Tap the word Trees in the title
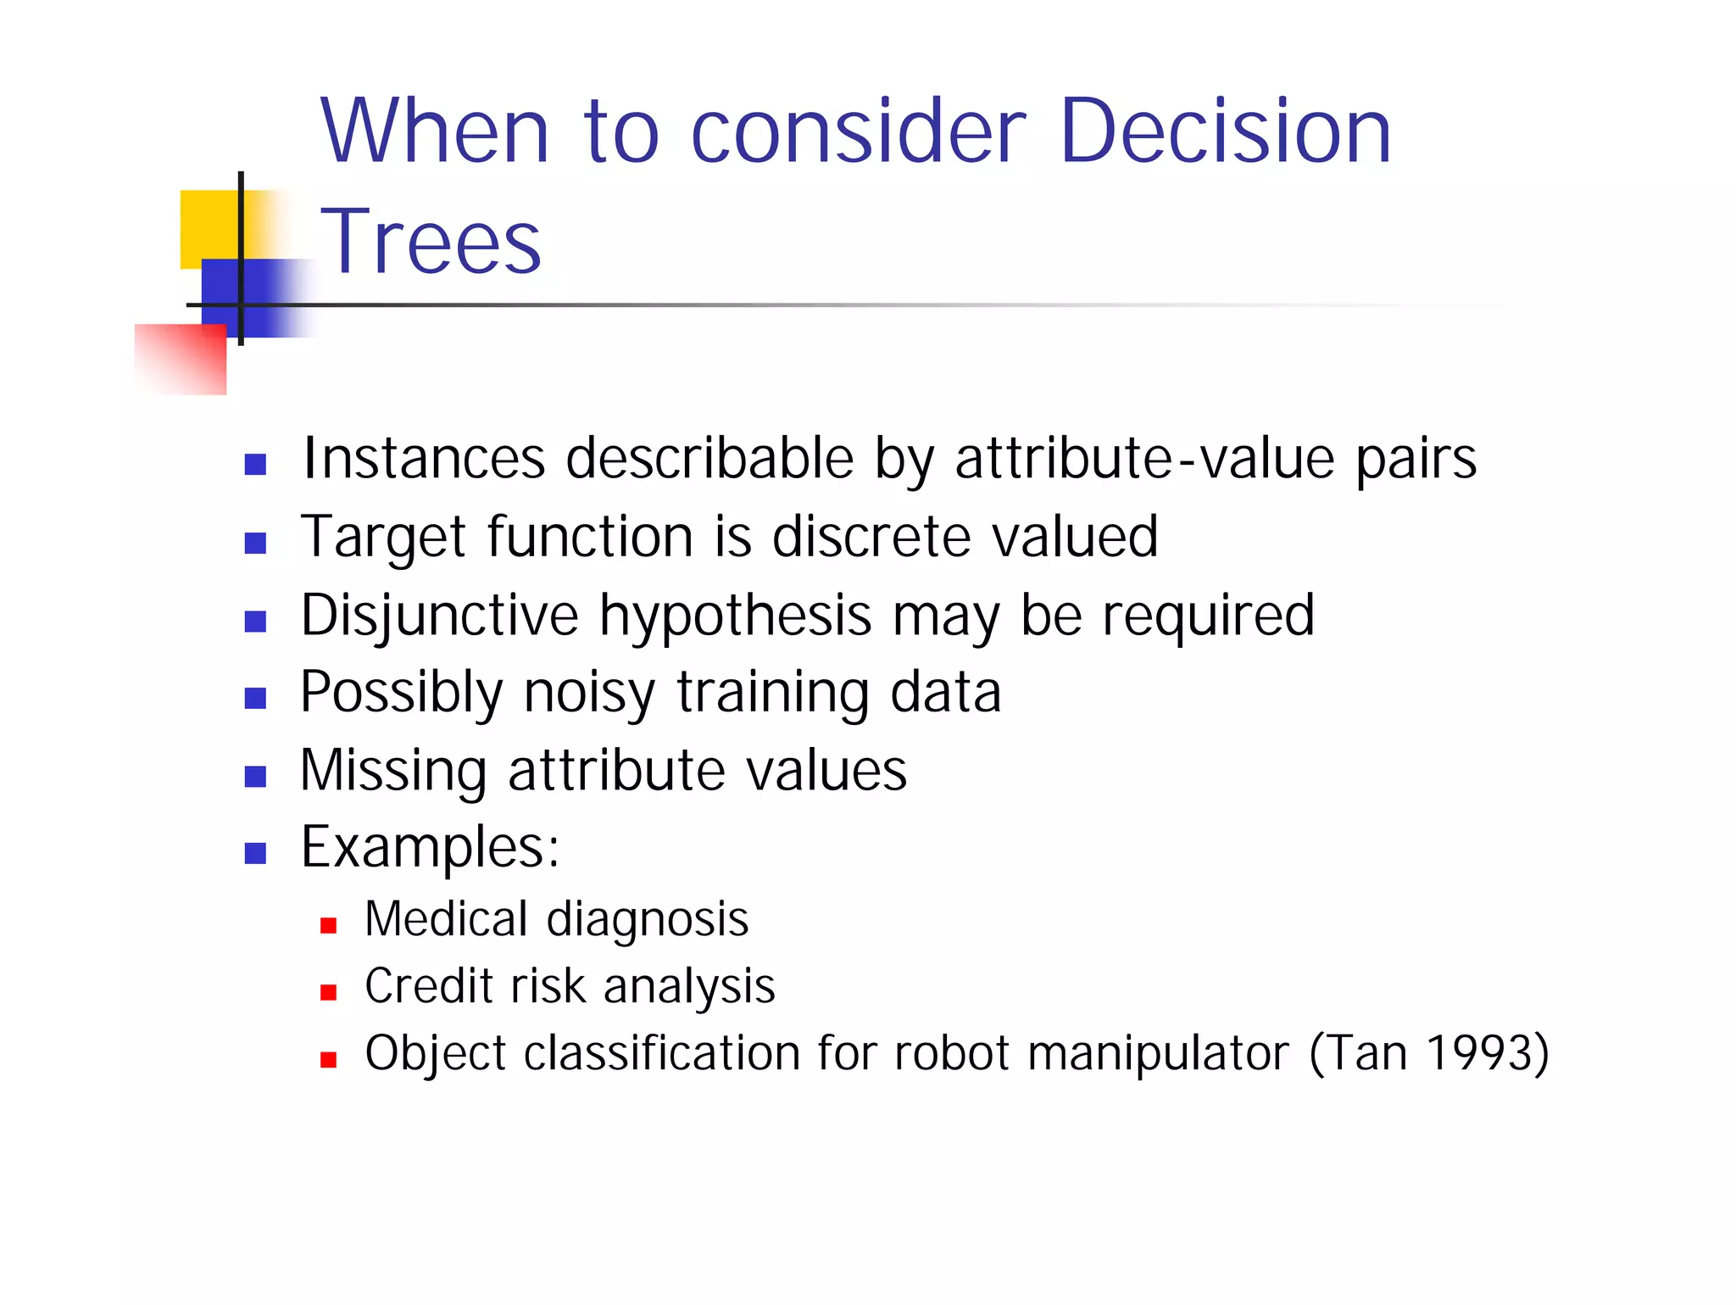click(431, 243)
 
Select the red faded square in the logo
click(181, 359)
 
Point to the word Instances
click(424, 459)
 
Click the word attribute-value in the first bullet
click(1145, 459)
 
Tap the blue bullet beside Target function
click(255, 543)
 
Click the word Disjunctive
click(439, 616)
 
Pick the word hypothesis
click(735, 617)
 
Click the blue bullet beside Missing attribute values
click(255, 776)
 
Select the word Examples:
click(430, 847)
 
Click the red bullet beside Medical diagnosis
click(329, 925)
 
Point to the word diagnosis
click(648, 920)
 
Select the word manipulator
click(1158, 1053)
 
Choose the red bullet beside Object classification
click(329, 1059)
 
